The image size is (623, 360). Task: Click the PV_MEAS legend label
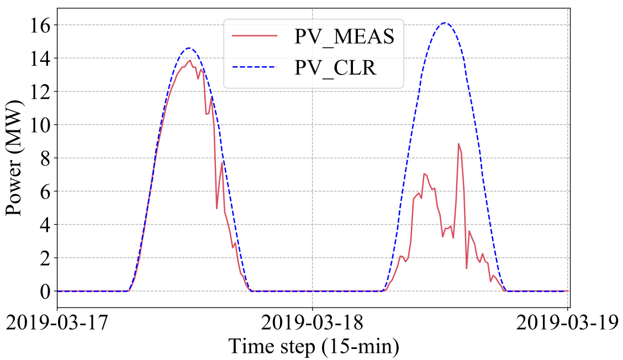pos(344,38)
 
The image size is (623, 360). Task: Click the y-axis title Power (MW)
pos(14,158)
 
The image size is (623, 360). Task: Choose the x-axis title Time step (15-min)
pos(313,346)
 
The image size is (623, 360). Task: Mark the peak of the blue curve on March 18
pos(445,23)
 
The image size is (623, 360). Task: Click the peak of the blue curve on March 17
pos(189,48)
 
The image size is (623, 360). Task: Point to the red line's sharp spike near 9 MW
pos(458,144)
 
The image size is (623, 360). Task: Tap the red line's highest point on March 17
pos(190,60)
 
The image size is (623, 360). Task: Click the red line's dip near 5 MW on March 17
pos(217,208)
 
